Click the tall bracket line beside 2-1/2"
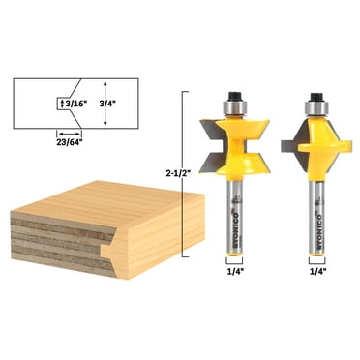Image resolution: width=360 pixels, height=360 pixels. pos(185,172)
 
